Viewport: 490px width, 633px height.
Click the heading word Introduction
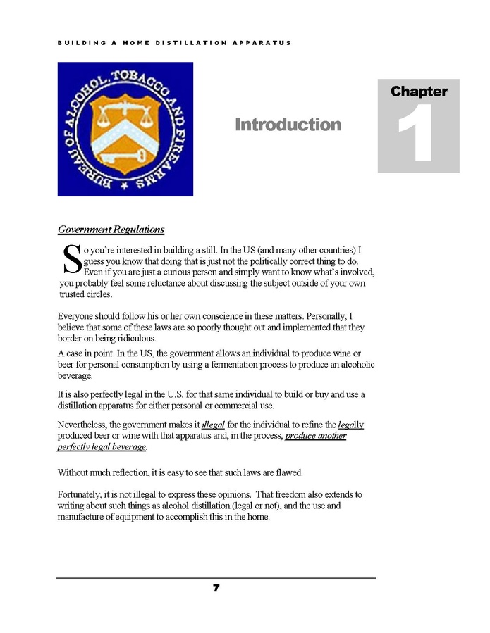coord(288,125)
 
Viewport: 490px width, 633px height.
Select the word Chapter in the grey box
coord(419,92)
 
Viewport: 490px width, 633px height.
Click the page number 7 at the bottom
coord(216,588)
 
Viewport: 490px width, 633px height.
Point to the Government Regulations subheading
coord(111,230)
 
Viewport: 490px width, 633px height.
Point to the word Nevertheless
coord(82,425)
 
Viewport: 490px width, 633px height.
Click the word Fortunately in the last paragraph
coord(80,495)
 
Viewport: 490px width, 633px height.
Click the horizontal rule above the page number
coord(216,578)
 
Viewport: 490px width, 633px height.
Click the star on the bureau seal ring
coord(123,186)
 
